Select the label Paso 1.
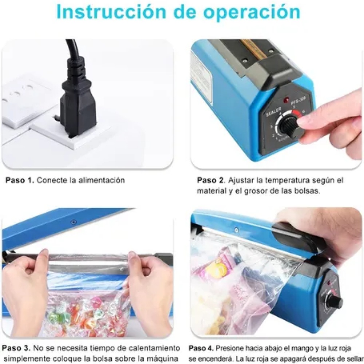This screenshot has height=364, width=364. tap(20, 180)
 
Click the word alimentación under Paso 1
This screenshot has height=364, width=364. tap(102, 180)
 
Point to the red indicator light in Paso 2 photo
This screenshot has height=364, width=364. tap(286, 100)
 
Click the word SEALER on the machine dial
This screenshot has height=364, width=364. tap(273, 112)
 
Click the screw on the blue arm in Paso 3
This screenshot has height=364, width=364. tap(73, 222)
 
